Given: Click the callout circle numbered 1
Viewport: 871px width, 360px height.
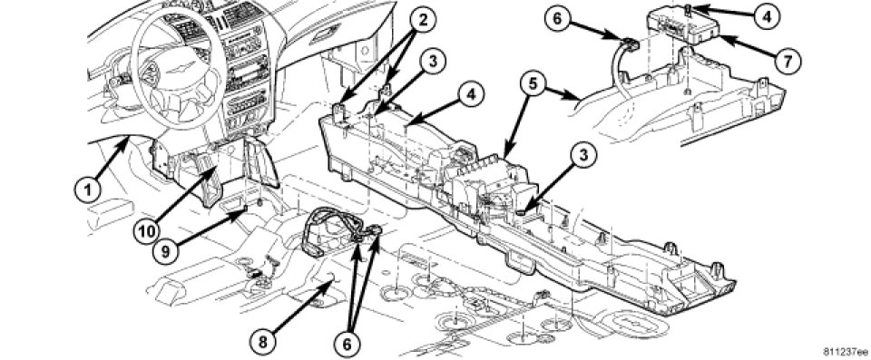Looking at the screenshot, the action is click(x=88, y=190).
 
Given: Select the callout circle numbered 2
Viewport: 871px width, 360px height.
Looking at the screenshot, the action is click(x=423, y=21).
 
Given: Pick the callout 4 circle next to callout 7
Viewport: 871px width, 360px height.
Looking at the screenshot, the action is click(x=768, y=16).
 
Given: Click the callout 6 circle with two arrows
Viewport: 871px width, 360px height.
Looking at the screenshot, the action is click(x=347, y=344).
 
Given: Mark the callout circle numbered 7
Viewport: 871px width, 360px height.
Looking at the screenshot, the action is click(x=788, y=60).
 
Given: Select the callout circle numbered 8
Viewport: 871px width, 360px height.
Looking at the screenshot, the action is click(x=262, y=341).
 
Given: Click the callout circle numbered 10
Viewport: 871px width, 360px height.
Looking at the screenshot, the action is click(x=147, y=229).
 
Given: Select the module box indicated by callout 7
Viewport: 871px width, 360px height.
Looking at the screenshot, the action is click(x=682, y=25).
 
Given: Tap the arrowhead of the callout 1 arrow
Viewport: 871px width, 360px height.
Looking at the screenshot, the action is click(x=129, y=140).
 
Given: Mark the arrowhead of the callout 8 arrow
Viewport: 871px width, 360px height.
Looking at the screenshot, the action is click(x=333, y=279).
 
